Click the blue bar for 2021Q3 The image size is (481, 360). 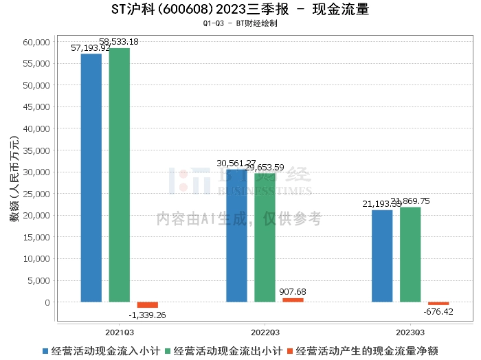91,177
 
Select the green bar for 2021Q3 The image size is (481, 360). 120,175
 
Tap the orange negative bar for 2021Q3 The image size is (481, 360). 148,305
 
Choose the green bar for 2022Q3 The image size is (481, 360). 265,238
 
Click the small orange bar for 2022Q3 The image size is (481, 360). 293,300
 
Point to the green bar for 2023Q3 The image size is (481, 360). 410,254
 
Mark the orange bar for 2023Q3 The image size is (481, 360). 438,304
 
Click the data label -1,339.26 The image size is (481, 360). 148,315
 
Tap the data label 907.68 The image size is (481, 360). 293,291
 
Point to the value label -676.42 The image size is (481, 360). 438,311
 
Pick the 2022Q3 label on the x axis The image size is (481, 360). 265,330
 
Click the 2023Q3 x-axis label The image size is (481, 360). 410,330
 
